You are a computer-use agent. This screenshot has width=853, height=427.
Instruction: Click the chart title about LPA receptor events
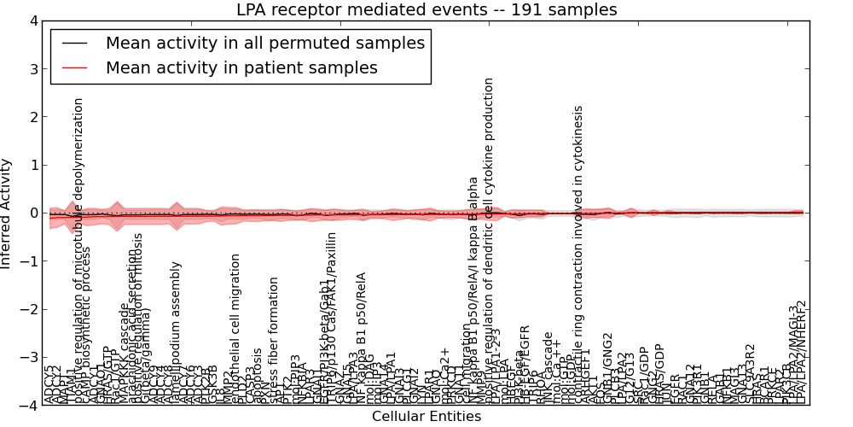[426, 9]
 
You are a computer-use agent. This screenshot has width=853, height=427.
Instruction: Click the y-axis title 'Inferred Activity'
[7, 213]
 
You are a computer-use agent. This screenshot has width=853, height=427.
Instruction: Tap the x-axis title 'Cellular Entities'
[426, 417]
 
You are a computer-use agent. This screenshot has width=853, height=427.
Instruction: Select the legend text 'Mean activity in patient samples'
[241, 67]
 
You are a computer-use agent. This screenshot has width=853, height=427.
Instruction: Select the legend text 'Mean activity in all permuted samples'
[264, 43]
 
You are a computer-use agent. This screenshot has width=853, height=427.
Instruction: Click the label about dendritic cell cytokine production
[490, 239]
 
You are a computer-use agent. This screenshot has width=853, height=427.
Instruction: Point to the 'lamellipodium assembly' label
[176, 333]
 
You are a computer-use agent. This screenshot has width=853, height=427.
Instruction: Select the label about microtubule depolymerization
[78, 248]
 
